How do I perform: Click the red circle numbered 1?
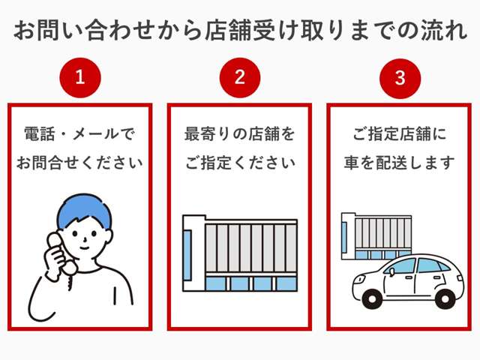(79, 77)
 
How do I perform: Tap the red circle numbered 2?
(239, 77)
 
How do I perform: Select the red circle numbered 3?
(400, 77)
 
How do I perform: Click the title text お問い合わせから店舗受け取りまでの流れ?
(240, 30)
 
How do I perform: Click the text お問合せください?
(79, 163)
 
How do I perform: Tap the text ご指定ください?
(239, 163)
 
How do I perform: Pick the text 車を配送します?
(400, 163)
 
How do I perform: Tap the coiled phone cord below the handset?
(70, 280)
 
